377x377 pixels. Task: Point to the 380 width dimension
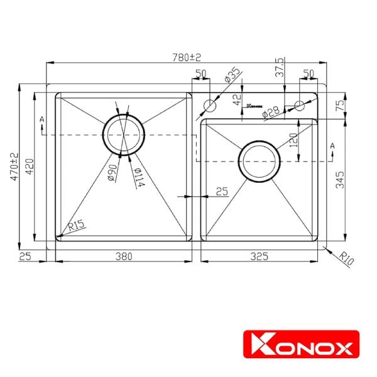[x=123, y=256]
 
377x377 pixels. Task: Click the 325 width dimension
[x=260, y=256]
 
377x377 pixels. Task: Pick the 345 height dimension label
[x=339, y=183]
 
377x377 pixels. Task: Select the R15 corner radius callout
[x=77, y=225]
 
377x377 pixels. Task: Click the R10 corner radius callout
[x=344, y=257]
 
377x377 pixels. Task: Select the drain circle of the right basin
[x=257, y=162]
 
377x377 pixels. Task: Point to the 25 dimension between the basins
[x=221, y=192]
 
